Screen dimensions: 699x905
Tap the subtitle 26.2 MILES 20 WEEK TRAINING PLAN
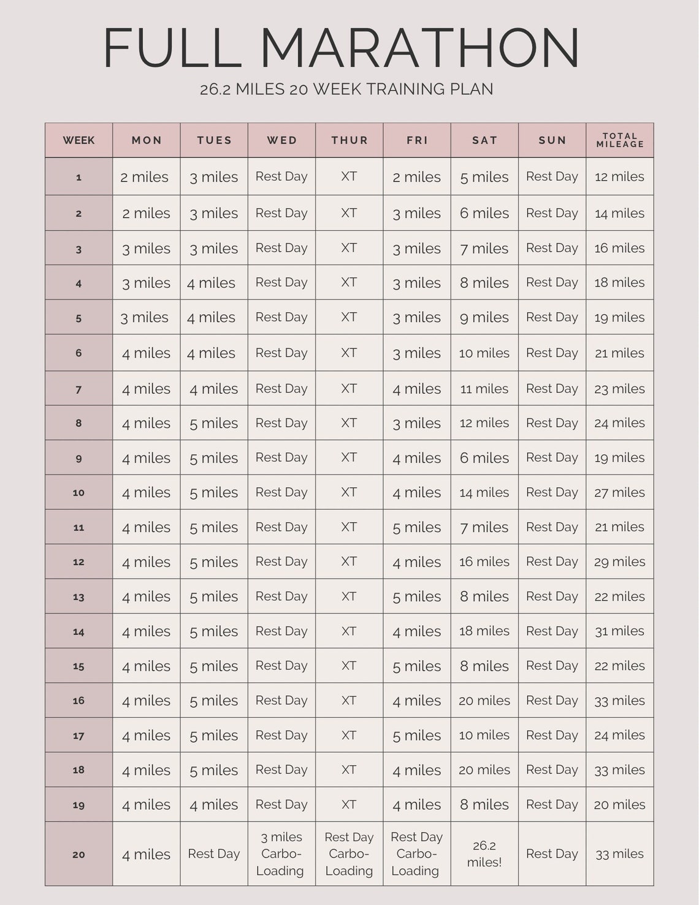pyautogui.click(x=346, y=90)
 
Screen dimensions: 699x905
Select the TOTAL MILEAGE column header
pyautogui.click(x=619, y=140)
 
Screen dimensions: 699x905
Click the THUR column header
pyautogui.click(x=349, y=140)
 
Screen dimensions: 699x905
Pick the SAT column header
pyautogui.click(x=484, y=140)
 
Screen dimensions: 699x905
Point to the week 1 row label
pyautogui.click(x=78, y=177)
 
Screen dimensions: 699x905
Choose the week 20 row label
pyautogui.click(x=78, y=854)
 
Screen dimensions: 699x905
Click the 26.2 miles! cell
pyautogui.click(x=484, y=853)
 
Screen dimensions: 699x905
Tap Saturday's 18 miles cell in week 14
pyautogui.click(x=484, y=631)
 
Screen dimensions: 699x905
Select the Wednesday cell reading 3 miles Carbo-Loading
pyautogui.click(x=281, y=853)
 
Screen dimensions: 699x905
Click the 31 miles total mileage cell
pyautogui.click(x=619, y=631)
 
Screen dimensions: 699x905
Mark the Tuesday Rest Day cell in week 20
pyautogui.click(x=214, y=853)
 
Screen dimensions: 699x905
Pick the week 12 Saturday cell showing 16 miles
pyautogui.click(x=484, y=561)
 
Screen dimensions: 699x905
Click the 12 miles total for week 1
pyautogui.click(x=619, y=177)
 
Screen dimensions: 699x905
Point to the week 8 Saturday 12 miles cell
pyautogui.click(x=484, y=423)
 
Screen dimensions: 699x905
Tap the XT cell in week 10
pyautogui.click(x=349, y=492)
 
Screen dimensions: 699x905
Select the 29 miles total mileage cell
pyautogui.click(x=619, y=561)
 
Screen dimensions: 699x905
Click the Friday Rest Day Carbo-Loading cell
pyautogui.click(x=416, y=853)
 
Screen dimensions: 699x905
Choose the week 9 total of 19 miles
pyautogui.click(x=619, y=458)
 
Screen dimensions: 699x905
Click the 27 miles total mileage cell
pyautogui.click(x=619, y=492)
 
